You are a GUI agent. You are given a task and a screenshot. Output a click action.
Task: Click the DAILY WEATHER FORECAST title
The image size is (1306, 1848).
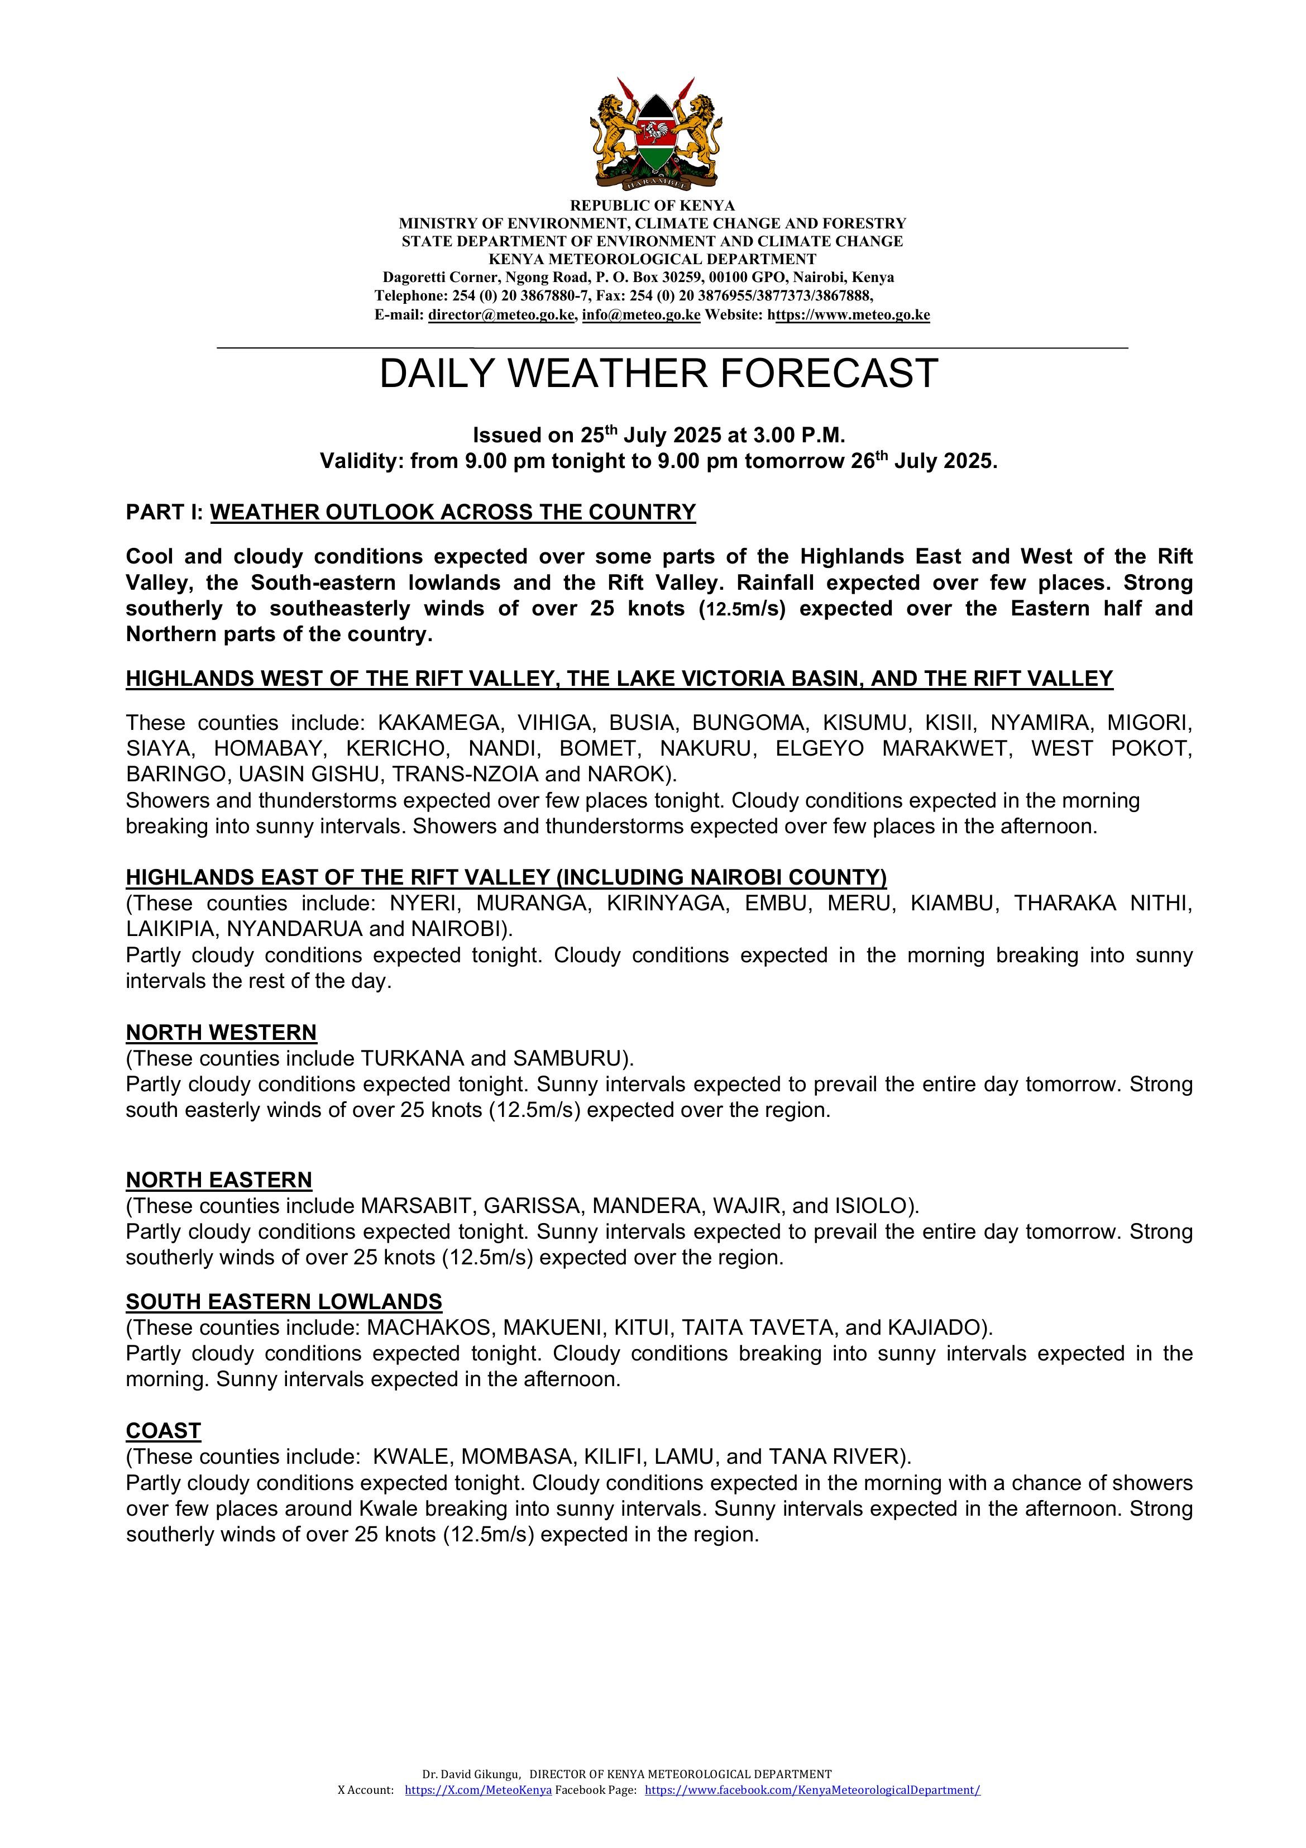point(658,374)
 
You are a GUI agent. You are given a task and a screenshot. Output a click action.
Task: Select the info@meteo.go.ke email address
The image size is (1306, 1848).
point(640,316)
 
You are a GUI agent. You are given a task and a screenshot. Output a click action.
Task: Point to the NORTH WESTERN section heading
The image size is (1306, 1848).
point(221,1033)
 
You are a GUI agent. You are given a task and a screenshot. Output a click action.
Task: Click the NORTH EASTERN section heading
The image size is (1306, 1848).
point(219,1180)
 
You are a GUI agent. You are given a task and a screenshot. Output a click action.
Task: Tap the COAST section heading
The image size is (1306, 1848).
point(164,1430)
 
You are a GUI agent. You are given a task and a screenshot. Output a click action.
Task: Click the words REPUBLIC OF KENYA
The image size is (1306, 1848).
point(653,206)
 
